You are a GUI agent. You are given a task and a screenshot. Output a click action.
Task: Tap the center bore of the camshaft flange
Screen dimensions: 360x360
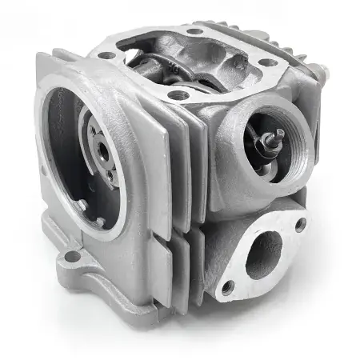click(x=102, y=149)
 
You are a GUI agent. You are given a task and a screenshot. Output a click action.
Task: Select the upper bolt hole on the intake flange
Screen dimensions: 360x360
click(x=300, y=225)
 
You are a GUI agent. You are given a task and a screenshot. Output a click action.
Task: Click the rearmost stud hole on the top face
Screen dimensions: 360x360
click(x=194, y=31)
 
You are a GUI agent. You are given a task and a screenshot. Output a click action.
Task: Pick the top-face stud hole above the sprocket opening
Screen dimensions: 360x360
click(x=104, y=54)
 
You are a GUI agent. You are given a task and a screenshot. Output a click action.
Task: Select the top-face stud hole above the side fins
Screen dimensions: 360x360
click(x=178, y=94)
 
